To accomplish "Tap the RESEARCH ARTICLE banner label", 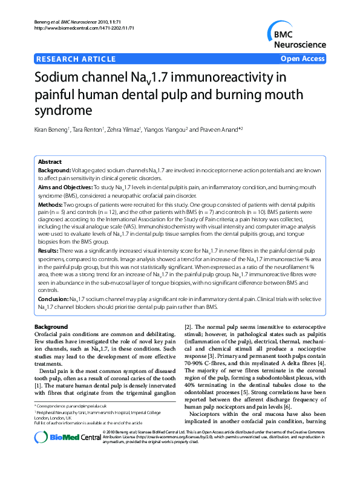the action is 76,59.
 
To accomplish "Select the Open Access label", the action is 303,59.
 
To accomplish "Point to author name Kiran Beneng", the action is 54,130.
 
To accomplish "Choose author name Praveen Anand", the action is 215,130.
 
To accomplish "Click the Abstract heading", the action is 50,162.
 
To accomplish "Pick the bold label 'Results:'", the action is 48,250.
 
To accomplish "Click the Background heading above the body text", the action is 51,326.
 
